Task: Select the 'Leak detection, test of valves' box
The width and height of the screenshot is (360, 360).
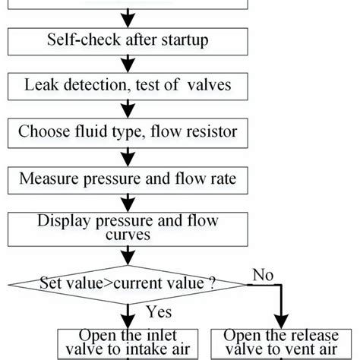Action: pos(127,85)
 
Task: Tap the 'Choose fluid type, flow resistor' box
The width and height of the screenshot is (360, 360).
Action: pos(127,131)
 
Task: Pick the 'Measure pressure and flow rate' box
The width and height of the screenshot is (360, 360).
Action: pos(127,179)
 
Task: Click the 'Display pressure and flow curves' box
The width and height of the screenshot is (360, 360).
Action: pos(127,227)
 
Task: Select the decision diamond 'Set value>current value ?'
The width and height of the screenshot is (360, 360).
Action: pos(127,284)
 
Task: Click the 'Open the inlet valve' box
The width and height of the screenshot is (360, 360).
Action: pos(127,343)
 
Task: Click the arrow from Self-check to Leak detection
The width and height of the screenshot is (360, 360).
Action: pos(127,62)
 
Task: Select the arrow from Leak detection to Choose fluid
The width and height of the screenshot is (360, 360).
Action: pos(127,108)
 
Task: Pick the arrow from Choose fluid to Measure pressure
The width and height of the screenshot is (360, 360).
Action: pos(127,156)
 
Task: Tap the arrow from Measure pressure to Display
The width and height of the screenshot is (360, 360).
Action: pos(127,202)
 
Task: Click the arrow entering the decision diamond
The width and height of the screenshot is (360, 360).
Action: pos(127,256)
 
